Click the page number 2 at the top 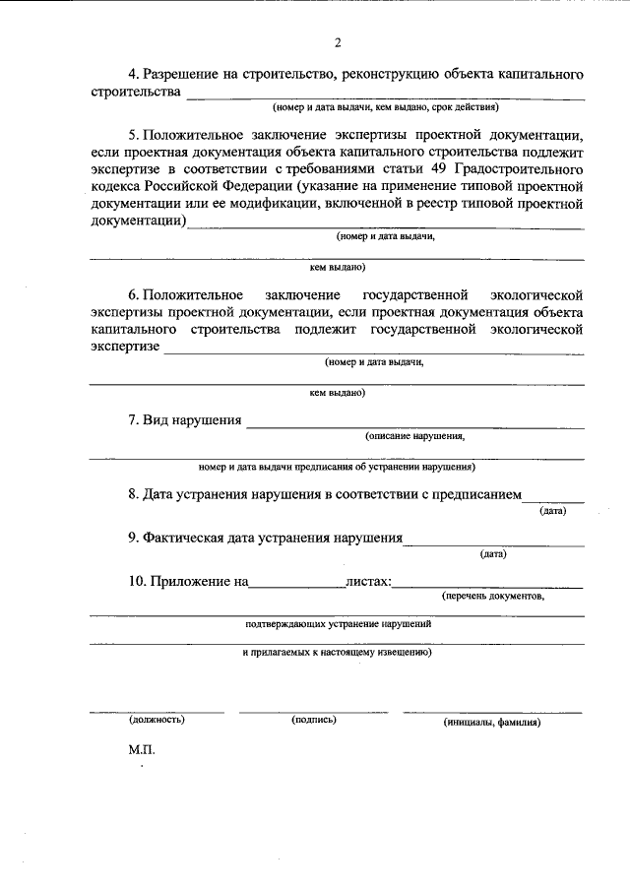[x=337, y=42]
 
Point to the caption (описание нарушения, [x=414, y=435]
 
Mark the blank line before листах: [x=296, y=586]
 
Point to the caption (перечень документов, [x=492, y=596]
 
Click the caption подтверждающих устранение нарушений [x=338, y=624]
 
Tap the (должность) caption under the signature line [x=157, y=720]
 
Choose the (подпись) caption [x=314, y=720]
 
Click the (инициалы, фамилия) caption [x=491, y=721]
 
